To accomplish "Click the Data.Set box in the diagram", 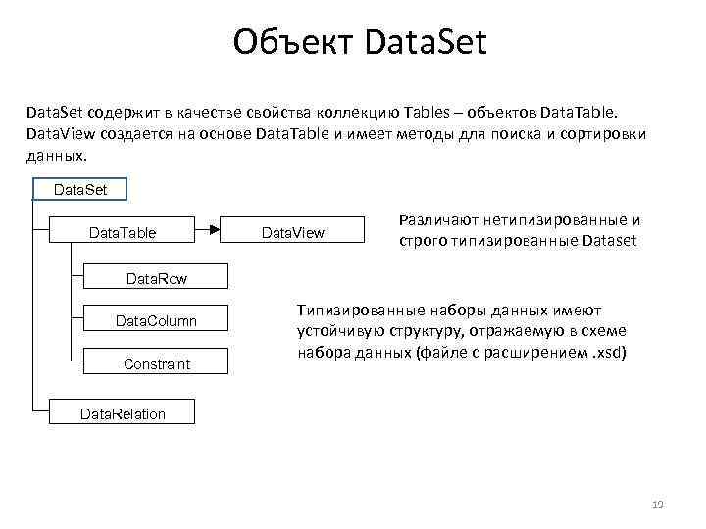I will [x=81, y=189].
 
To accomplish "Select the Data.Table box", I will [x=123, y=232].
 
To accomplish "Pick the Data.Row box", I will [x=157, y=279].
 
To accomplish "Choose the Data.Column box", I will [x=156, y=321].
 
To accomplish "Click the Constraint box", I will [x=157, y=364].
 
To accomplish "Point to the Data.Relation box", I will [x=123, y=413].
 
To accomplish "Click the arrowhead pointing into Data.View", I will [x=212, y=232].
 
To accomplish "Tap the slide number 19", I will [x=658, y=505].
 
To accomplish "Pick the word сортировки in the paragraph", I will [x=601, y=134].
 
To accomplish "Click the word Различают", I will [x=438, y=220].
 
